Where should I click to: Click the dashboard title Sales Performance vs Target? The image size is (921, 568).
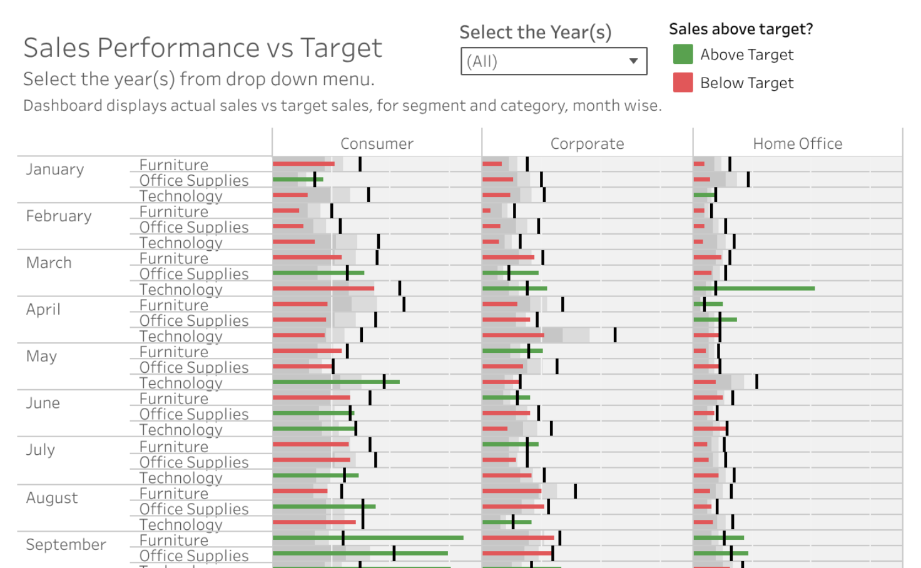pyautogui.click(x=202, y=48)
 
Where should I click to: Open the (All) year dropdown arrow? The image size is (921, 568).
pyautogui.click(x=633, y=61)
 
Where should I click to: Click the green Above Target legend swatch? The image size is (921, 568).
pyautogui.click(x=683, y=54)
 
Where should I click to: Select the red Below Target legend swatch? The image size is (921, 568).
pyautogui.click(x=683, y=83)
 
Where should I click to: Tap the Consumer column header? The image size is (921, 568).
pyautogui.click(x=377, y=144)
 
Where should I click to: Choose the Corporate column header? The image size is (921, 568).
pyautogui.click(x=587, y=144)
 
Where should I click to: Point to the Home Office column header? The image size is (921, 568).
pyautogui.click(x=797, y=144)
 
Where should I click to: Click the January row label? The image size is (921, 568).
pyautogui.click(x=55, y=170)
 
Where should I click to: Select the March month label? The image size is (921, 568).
pyautogui.click(x=49, y=263)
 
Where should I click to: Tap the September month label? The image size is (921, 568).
pyautogui.click(x=66, y=545)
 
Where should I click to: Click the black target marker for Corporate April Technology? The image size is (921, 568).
pyautogui.click(x=615, y=335)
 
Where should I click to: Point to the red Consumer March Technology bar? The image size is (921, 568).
pyautogui.click(x=323, y=288)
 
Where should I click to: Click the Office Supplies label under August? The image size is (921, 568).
pyautogui.click(x=194, y=509)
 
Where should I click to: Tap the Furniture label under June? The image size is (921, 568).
pyautogui.click(x=174, y=399)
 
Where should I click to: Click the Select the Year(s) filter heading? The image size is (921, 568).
pyautogui.click(x=535, y=33)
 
